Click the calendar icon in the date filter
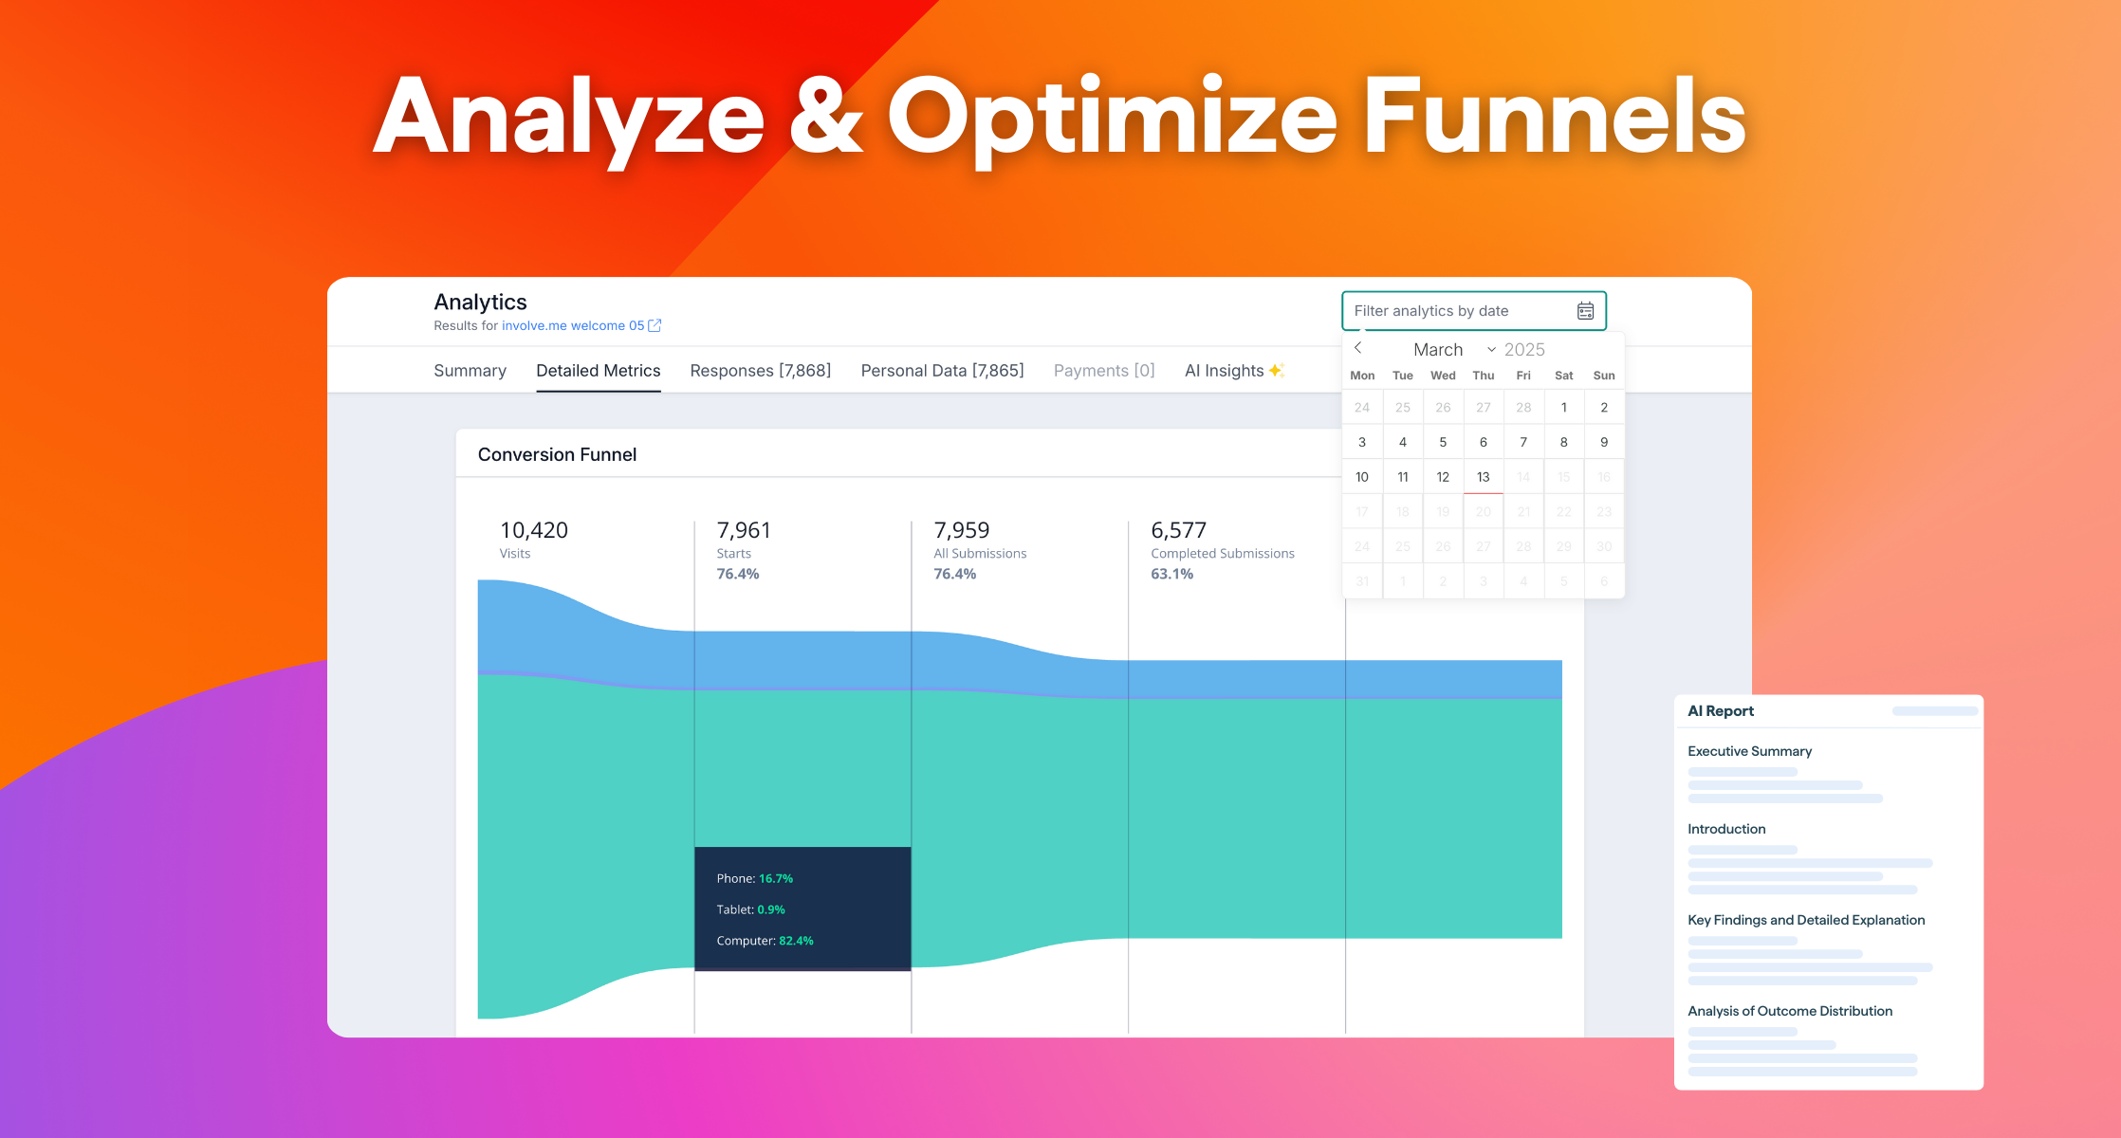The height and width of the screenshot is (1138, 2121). tap(1585, 311)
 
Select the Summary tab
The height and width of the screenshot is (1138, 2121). tap(470, 371)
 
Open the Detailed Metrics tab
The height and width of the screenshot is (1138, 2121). tap(598, 371)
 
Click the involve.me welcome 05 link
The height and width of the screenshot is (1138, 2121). tap(573, 325)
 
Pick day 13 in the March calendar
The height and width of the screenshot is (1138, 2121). tap(1483, 477)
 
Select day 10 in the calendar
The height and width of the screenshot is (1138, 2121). tap(1362, 477)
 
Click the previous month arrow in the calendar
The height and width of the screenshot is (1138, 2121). tap(1358, 348)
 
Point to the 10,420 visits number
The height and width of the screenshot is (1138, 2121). tap(534, 530)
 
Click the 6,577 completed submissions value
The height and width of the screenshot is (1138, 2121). tap(1178, 530)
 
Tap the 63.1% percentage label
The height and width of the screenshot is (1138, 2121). tap(1171, 574)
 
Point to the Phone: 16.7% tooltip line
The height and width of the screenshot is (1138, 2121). tap(754, 878)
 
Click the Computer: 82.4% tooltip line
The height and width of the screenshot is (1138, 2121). tap(765, 941)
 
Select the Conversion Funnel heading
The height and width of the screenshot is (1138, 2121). tap(557, 454)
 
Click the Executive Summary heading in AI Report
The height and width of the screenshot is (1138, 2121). tap(1749, 751)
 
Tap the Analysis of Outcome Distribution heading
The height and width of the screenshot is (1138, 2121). tap(1789, 1011)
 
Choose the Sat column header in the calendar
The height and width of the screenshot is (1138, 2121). tap(1563, 376)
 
